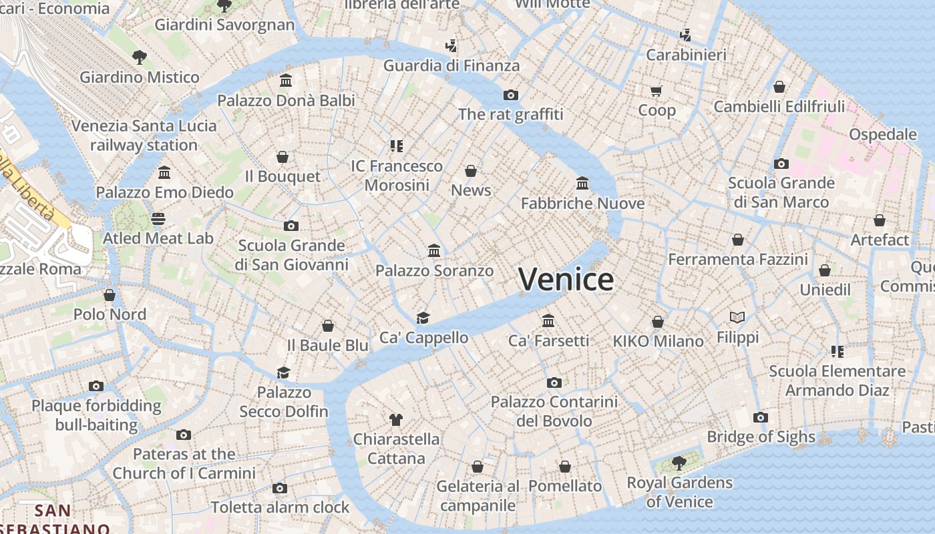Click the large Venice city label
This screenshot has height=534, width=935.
pos(566,279)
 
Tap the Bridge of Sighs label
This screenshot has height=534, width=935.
pos(761,437)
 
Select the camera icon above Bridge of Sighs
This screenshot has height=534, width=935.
pos(760,418)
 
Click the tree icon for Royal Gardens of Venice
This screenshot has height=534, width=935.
pos(679,463)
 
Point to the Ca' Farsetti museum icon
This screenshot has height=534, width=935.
pos(548,321)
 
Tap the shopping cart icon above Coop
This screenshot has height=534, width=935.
pos(657,91)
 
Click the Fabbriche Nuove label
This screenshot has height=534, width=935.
pos(582,203)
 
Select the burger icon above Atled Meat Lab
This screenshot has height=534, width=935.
pos(158,219)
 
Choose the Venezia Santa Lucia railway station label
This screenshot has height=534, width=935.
pos(144,136)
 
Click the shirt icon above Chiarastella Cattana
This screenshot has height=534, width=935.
pos(396,420)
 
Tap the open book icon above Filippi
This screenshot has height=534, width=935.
pos(737,318)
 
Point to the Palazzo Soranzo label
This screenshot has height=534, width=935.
pos(434,270)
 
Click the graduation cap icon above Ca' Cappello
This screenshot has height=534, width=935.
pos(423,318)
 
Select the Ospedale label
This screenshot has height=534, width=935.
pos(882,134)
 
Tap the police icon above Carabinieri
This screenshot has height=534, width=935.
pos(685,35)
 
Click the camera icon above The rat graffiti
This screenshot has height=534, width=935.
pos(511,95)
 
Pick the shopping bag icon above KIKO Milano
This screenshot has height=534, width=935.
pos(658,322)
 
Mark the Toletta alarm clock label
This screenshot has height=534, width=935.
pos(280,507)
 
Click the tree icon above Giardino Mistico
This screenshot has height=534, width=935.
pos(139,57)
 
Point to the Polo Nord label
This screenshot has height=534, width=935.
pos(110,314)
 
